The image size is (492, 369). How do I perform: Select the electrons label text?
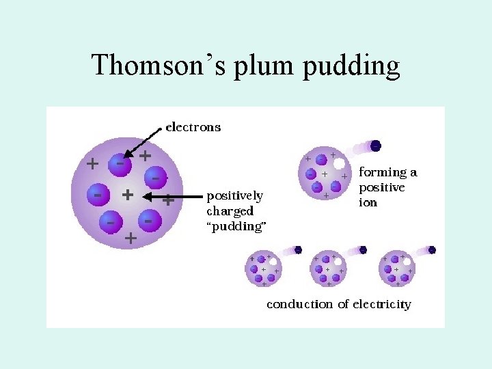click(x=194, y=126)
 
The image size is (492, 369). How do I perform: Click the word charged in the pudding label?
click(x=230, y=211)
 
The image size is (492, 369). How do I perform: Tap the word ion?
click(x=368, y=203)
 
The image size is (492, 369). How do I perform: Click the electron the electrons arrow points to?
click(x=120, y=164)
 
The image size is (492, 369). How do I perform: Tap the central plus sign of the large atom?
click(x=126, y=195)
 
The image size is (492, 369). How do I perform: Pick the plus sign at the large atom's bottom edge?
click(x=130, y=238)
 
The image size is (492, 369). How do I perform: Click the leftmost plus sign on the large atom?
click(x=92, y=164)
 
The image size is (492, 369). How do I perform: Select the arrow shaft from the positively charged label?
click(x=174, y=197)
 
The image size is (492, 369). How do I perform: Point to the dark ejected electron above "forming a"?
click(x=376, y=146)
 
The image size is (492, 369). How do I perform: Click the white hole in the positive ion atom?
click(x=338, y=164)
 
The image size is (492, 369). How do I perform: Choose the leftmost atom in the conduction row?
click(x=263, y=269)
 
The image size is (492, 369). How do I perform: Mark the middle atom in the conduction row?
click(x=329, y=269)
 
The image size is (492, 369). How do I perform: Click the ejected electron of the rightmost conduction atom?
click(x=431, y=250)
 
